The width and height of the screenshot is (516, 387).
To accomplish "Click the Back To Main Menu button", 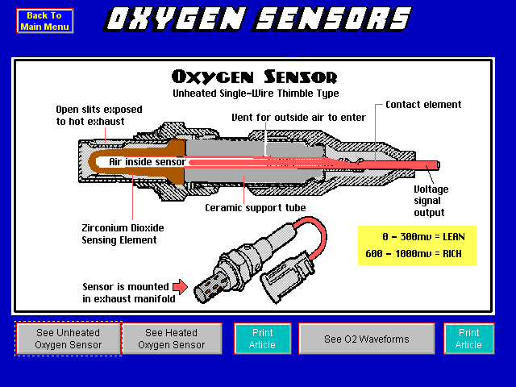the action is pyautogui.click(x=45, y=21).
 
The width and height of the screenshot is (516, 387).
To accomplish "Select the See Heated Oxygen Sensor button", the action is pyautogui.click(x=172, y=339).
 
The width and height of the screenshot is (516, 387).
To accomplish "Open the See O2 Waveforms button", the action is pyautogui.click(x=367, y=339).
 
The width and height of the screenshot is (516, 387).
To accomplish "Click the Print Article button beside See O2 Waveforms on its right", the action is pyautogui.click(x=469, y=339).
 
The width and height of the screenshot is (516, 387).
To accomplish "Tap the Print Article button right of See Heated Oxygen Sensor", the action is pyautogui.click(x=263, y=339).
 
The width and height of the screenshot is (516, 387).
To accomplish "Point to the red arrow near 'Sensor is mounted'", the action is pyautogui.click(x=180, y=287).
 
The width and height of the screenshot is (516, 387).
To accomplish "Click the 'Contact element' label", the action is pyautogui.click(x=423, y=105).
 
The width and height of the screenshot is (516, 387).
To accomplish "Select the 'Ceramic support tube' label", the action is pyautogui.click(x=256, y=208).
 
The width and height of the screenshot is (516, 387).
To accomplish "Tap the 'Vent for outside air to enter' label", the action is pyautogui.click(x=299, y=118).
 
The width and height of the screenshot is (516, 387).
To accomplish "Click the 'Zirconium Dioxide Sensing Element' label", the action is pyautogui.click(x=123, y=234).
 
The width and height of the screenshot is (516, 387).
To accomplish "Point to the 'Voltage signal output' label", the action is pyautogui.click(x=431, y=201).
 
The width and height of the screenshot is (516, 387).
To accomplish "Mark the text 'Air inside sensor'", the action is pyautogui.click(x=147, y=162).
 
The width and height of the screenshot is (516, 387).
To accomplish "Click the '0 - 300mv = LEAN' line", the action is pyautogui.click(x=423, y=237).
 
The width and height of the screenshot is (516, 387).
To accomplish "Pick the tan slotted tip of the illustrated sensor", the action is pyautogui.click(x=210, y=285).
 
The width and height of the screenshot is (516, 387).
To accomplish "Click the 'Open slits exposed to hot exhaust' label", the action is pyautogui.click(x=99, y=115).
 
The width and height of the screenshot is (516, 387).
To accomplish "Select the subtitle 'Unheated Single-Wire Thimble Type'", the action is pyautogui.click(x=256, y=94).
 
